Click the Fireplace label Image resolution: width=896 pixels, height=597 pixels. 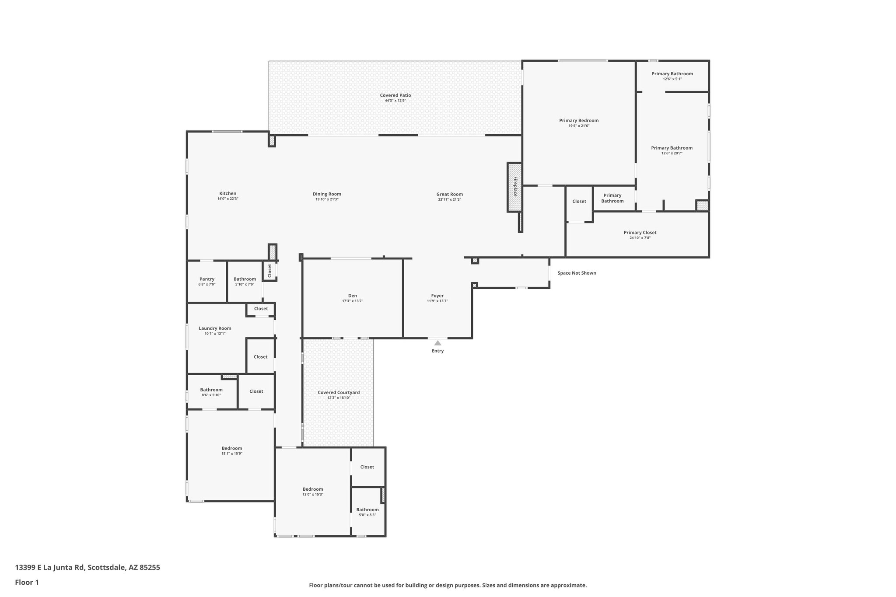(515, 186)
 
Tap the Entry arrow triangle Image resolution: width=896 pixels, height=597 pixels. (437, 343)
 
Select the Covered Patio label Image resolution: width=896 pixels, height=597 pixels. (395, 95)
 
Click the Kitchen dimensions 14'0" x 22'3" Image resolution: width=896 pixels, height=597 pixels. (227, 199)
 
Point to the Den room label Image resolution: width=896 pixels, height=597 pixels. (352, 296)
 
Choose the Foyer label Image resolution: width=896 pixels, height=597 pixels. (437, 296)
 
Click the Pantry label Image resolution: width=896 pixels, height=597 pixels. (207, 279)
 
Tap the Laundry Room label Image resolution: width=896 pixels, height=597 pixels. (215, 328)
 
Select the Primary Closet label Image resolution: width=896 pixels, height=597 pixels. (640, 233)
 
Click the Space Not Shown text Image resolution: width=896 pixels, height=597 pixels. (577, 273)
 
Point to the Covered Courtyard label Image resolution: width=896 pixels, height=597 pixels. (339, 392)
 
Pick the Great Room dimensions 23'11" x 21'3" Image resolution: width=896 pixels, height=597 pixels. (449, 199)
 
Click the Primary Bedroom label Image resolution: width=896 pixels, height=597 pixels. (578, 121)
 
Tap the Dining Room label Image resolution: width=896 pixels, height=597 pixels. (327, 194)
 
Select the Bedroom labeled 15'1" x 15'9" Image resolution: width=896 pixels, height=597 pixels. (231, 448)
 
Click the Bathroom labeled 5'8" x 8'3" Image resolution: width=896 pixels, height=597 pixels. (367, 510)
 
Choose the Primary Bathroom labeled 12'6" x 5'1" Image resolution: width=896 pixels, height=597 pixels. (672, 74)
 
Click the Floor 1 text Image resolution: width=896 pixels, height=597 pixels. (27, 582)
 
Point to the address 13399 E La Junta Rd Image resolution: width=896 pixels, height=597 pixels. (87, 568)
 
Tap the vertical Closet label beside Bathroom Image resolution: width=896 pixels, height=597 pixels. (269, 271)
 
